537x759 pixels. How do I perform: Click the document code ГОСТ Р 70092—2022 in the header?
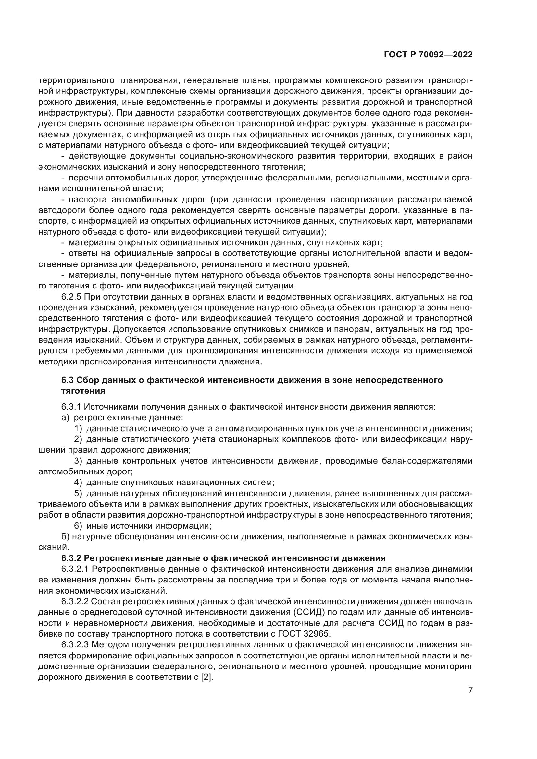click(428, 55)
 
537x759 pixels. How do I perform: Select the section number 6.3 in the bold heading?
click(68, 380)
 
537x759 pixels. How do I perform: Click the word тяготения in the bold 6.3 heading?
click(83, 391)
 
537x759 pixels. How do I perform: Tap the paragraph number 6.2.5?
click(71, 297)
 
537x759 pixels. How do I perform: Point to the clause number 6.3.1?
click(71, 407)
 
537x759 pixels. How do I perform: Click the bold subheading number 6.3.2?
click(71, 558)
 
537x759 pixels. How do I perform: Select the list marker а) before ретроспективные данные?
click(65, 417)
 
